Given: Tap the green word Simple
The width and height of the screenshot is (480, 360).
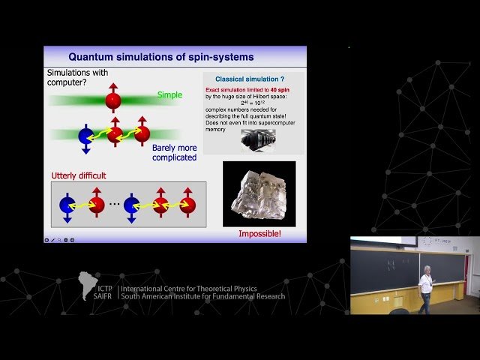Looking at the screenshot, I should pyautogui.click(x=169, y=94).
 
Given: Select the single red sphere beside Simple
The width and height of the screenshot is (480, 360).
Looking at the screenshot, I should pyautogui.click(x=113, y=100).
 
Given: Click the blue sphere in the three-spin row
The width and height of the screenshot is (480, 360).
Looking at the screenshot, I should pyautogui.click(x=86, y=136).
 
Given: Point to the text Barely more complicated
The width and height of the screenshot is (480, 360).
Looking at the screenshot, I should pyautogui.click(x=174, y=152).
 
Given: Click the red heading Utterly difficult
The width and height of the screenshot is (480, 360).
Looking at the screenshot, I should pyautogui.click(x=79, y=175).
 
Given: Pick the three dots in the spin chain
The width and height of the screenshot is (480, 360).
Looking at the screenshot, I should pyautogui.click(x=113, y=204).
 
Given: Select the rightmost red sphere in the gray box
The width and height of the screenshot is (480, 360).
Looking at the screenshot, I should pyautogui.click(x=187, y=205).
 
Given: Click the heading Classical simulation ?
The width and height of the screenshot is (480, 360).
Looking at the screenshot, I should pyautogui.click(x=248, y=79).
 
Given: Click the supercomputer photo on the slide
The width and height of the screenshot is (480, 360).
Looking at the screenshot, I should pyautogui.click(x=258, y=140).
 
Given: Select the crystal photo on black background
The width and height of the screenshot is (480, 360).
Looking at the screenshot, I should pyautogui.click(x=259, y=193).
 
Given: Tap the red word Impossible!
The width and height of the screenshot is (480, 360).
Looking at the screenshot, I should pyautogui.click(x=259, y=234).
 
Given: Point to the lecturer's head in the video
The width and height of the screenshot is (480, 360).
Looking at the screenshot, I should pyautogui.click(x=426, y=269).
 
